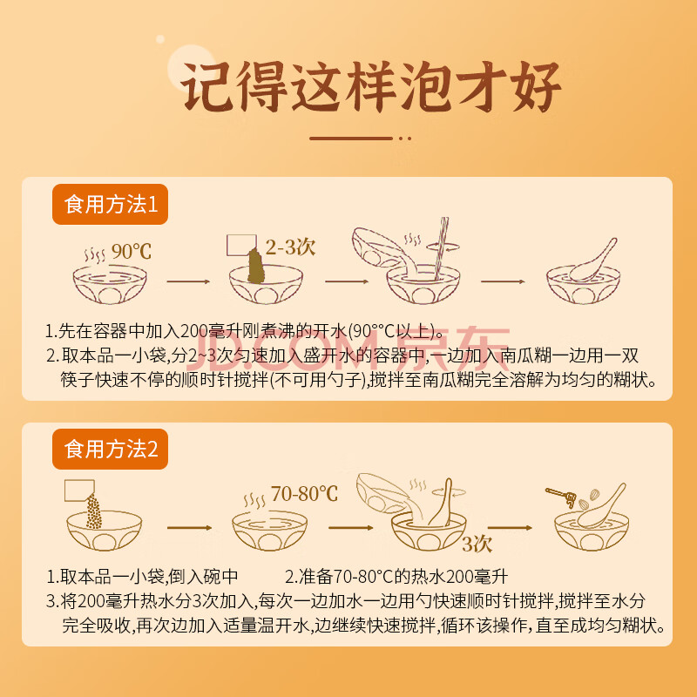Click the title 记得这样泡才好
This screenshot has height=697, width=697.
pos(370,86)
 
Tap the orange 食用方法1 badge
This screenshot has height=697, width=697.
pos(111,204)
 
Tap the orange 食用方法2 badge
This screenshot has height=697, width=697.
pos(111,449)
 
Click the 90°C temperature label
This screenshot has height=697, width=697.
pos(132,252)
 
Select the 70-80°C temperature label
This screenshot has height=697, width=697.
pos(304,493)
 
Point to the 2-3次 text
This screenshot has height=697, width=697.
pos(291,247)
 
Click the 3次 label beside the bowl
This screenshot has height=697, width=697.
pos(477,544)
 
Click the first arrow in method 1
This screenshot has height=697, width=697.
pos(188,281)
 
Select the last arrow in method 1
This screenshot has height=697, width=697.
pos(503,281)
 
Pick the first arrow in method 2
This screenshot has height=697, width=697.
pos(189,528)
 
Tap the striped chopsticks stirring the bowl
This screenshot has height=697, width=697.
pos(441,248)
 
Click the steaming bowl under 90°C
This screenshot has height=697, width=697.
pos(110,284)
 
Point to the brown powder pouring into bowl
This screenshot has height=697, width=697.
pos(256,266)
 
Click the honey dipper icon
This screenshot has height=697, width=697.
pos(561,497)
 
